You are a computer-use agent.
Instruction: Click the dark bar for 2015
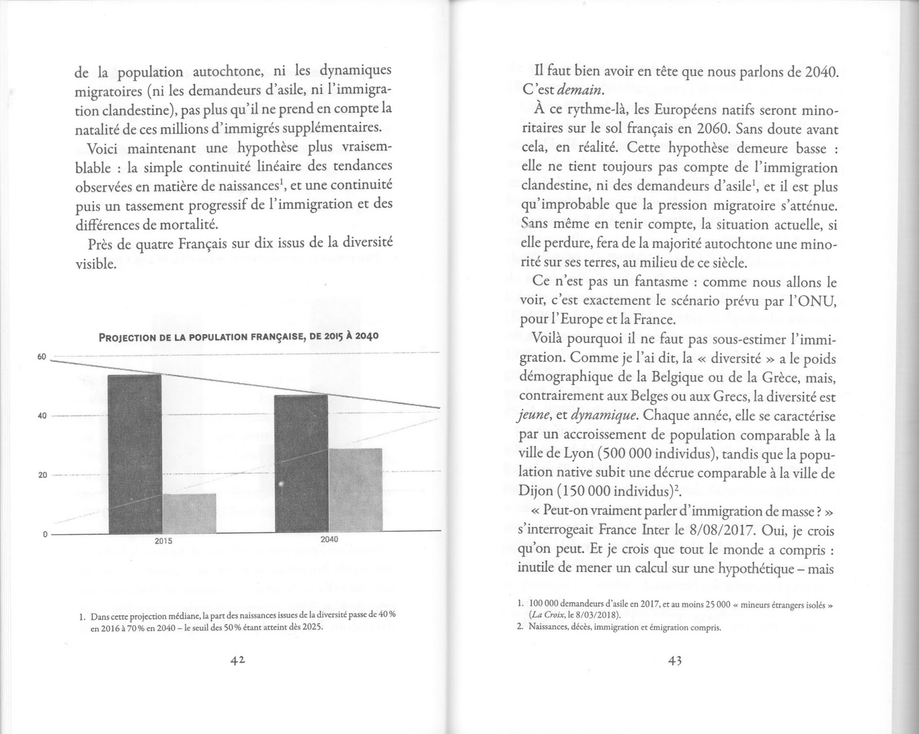tap(134, 454)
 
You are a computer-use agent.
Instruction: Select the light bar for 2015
tap(189, 513)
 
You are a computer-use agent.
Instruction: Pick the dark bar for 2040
tap(301, 464)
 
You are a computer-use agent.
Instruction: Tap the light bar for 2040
tap(356, 490)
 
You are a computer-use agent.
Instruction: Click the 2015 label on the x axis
tap(164, 542)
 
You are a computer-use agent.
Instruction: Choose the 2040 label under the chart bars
tap(329, 540)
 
